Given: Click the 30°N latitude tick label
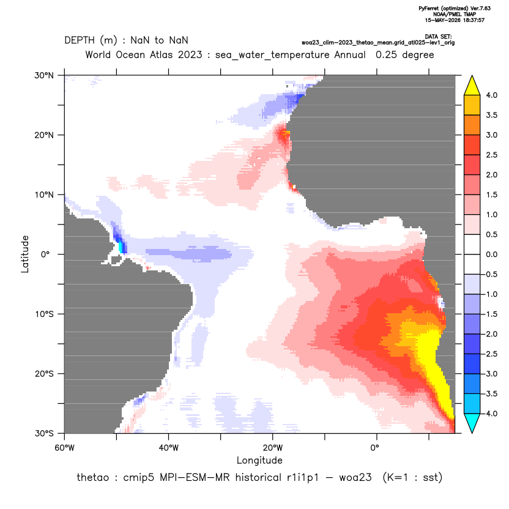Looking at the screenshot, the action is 44,75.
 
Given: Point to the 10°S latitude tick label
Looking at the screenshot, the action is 44,314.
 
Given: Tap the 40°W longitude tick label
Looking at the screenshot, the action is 168,448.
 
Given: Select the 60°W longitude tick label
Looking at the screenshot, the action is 65,448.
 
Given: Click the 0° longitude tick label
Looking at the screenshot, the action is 374,448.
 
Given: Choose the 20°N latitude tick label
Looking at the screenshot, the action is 44,135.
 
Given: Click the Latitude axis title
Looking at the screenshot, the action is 25,254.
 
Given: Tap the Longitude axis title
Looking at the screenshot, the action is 259,460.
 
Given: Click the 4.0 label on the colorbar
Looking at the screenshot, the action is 491,95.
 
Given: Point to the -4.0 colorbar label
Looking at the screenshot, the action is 490,414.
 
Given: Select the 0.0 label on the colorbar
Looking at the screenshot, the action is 491,254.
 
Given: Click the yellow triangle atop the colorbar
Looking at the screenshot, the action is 472,86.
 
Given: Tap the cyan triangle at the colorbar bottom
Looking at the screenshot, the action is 472,423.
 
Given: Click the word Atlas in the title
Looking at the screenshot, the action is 163,54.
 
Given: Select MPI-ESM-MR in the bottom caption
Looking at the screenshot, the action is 195,478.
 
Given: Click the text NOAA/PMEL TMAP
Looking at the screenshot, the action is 455,14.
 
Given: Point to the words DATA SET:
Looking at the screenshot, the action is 438,37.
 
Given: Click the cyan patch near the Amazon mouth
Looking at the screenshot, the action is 121,246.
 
